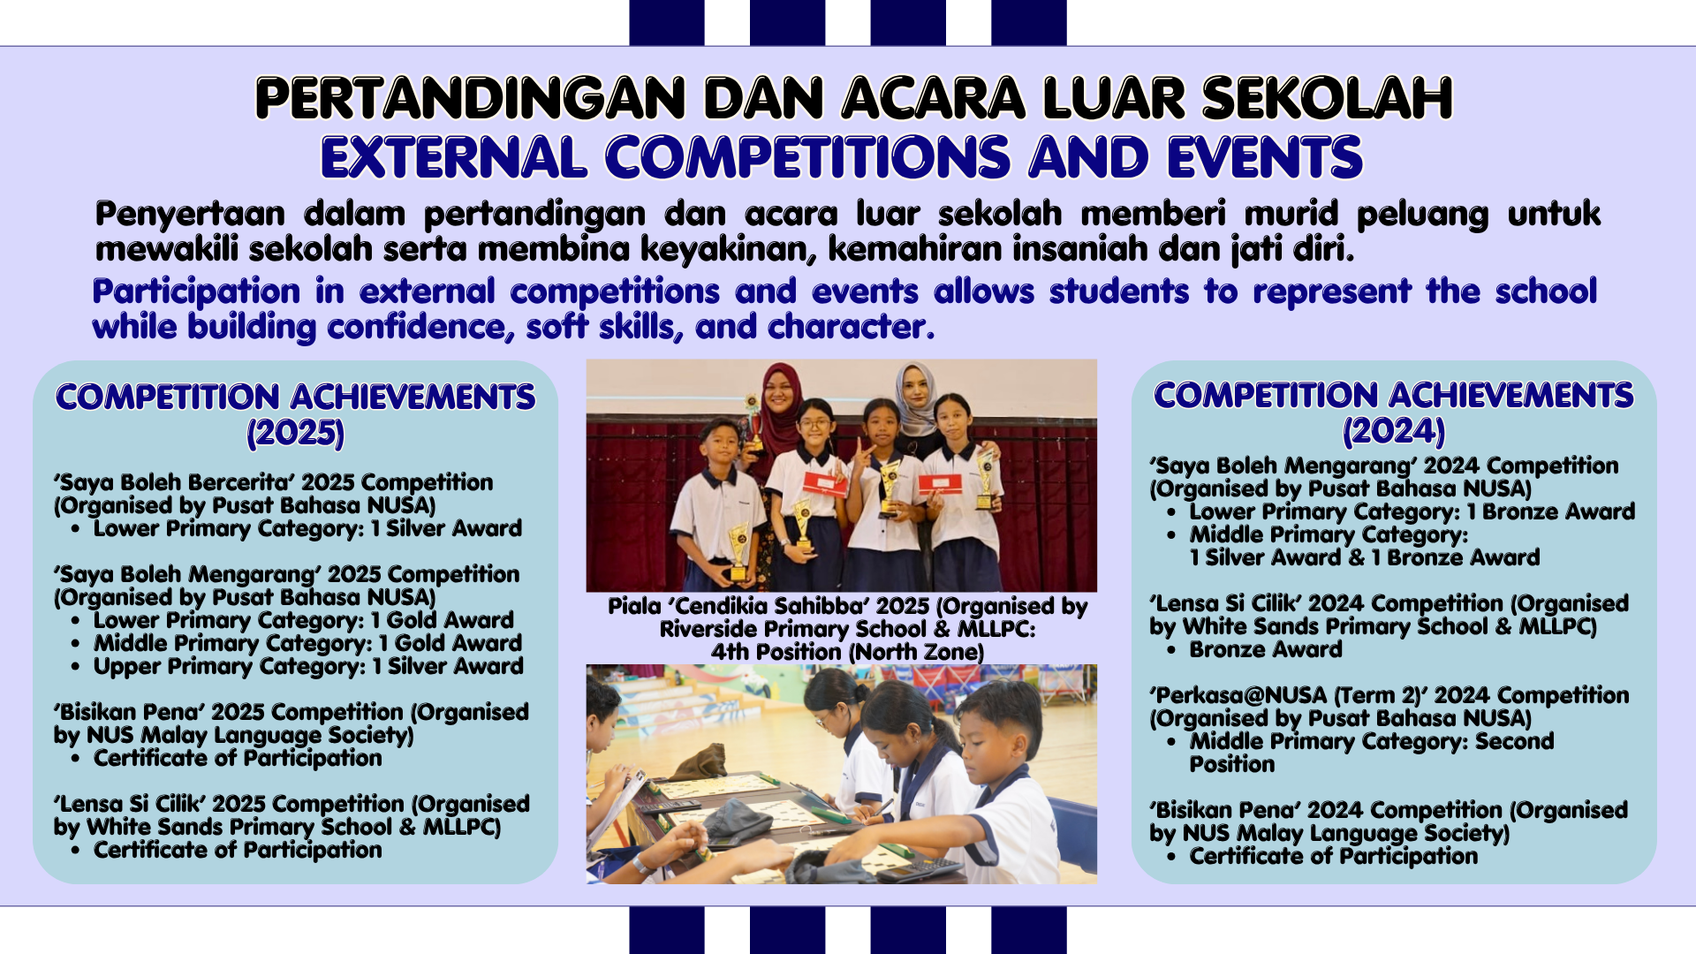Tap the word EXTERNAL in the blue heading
(x=453, y=157)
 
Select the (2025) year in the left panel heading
(x=295, y=433)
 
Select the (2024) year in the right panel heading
(x=1394, y=431)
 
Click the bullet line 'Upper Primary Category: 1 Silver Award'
(x=308, y=666)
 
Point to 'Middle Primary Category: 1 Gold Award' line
(x=308, y=643)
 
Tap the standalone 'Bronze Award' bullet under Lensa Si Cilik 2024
(x=1266, y=649)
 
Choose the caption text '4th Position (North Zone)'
(x=847, y=652)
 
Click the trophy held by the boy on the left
(x=738, y=549)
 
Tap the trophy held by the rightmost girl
(x=984, y=481)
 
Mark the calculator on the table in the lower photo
(x=919, y=869)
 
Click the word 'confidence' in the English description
(x=420, y=327)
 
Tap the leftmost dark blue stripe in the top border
(x=667, y=22)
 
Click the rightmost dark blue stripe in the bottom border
(x=1029, y=930)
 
